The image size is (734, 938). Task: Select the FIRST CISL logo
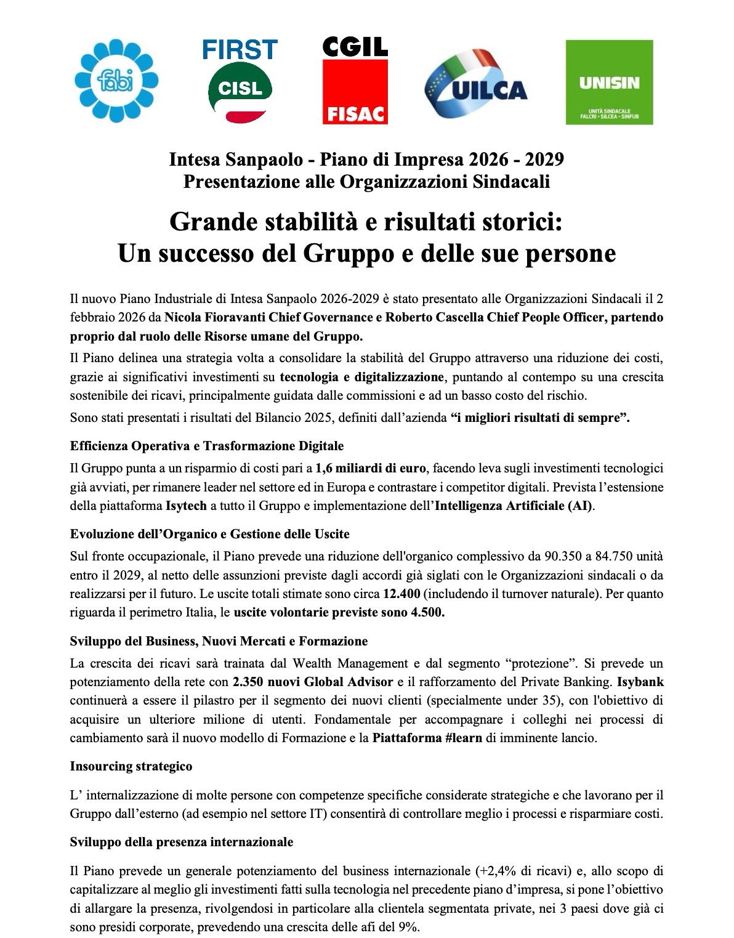(x=240, y=81)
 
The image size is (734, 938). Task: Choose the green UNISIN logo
(x=609, y=82)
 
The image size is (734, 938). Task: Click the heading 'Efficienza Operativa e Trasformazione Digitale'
(x=207, y=445)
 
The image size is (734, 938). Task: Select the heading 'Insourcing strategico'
(x=131, y=766)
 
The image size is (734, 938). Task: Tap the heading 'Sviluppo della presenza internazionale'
(x=182, y=841)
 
